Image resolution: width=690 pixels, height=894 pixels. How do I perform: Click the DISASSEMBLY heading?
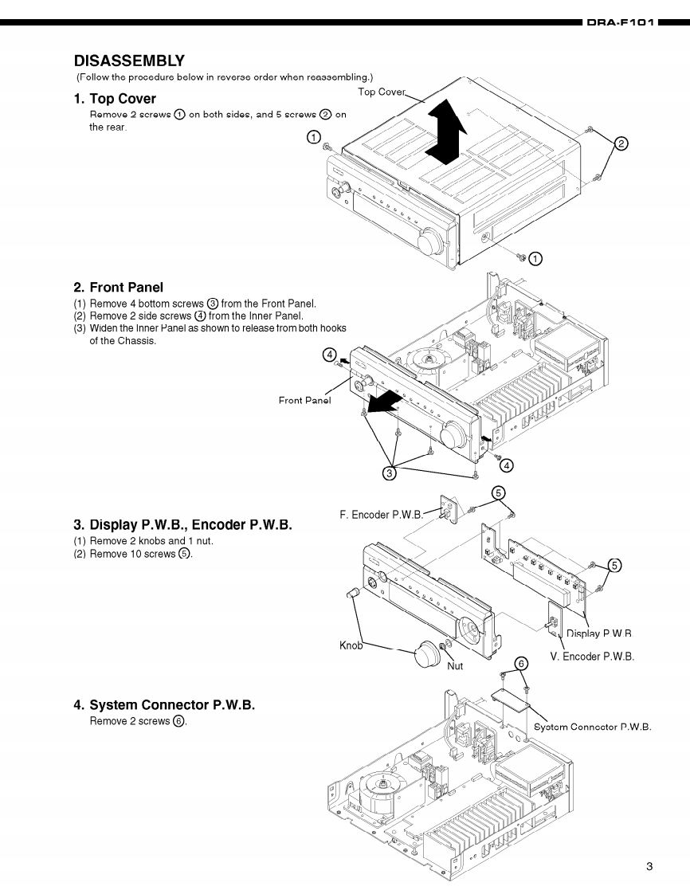129,61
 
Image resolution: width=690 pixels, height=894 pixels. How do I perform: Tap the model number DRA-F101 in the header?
621,24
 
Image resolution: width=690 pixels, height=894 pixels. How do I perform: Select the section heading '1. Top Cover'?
115,99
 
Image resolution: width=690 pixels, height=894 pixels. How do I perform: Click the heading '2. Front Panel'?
118,287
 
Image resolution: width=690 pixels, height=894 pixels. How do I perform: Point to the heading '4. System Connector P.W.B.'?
164,705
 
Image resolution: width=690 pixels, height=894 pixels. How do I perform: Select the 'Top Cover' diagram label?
382,92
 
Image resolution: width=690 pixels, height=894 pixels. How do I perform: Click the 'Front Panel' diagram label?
304,400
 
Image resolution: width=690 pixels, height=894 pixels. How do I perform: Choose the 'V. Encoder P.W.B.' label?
592,657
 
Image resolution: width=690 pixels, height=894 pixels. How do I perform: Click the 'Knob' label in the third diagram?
351,645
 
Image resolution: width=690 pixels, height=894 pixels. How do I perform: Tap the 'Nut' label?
455,665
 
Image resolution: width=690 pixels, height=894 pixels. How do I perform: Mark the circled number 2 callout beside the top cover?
622,144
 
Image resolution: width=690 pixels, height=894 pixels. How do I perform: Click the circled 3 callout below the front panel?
390,473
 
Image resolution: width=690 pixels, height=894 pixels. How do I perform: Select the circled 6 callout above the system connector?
521,663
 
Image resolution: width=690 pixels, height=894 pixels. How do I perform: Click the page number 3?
649,867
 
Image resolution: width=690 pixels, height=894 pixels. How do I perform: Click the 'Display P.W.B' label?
598,634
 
